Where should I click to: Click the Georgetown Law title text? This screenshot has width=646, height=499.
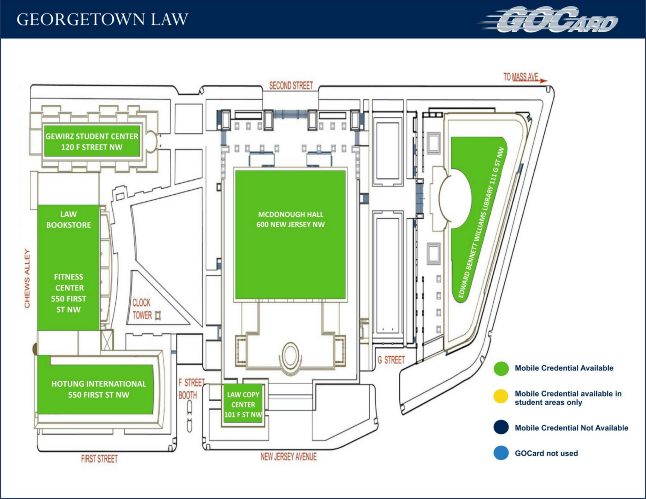(102, 19)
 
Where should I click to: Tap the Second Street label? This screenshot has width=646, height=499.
(291, 85)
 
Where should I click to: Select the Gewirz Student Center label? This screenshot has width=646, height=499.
(92, 142)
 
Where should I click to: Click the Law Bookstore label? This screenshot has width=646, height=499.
(68, 220)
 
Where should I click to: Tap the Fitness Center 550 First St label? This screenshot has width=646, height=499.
(68, 293)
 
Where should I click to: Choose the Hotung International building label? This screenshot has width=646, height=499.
(99, 389)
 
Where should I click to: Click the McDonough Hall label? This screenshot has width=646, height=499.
(291, 220)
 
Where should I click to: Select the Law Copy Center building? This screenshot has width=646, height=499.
(243, 405)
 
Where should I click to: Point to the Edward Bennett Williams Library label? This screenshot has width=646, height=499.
(481, 223)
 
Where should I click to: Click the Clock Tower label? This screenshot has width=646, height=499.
(142, 309)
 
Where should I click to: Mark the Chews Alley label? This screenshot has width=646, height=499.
(27, 279)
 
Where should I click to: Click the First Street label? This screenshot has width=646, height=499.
(99, 459)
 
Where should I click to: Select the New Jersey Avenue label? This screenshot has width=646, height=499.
(288, 456)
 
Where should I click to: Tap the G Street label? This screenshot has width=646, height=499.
(391, 360)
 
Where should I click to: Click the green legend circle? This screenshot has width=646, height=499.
(501, 368)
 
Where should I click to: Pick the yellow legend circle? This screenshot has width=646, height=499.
(501, 397)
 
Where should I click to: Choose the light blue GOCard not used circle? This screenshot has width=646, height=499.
(501, 453)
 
